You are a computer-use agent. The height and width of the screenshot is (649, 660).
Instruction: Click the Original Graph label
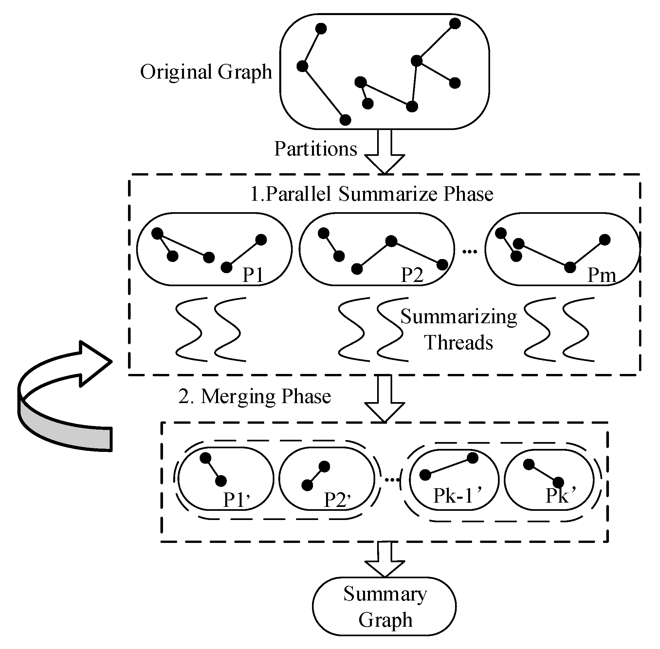[x=206, y=72]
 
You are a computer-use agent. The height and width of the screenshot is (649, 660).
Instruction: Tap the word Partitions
[x=315, y=149]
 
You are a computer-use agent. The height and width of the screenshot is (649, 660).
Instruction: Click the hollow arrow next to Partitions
[x=384, y=153]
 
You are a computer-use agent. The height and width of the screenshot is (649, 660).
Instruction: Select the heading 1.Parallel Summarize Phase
[x=371, y=194]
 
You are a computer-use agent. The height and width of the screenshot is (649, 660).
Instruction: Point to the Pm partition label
[x=601, y=275]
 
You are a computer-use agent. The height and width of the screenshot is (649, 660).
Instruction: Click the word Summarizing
[x=458, y=317]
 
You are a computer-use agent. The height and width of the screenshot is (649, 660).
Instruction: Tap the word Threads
[x=458, y=343]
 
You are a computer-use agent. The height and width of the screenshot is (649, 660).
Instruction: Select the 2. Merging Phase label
[x=254, y=397]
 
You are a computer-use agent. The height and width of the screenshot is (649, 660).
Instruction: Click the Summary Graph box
[x=384, y=606]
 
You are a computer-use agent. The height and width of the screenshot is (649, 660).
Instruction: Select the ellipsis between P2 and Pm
[x=469, y=251]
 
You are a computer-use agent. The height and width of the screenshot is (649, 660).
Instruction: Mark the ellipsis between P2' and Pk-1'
[x=392, y=480]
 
